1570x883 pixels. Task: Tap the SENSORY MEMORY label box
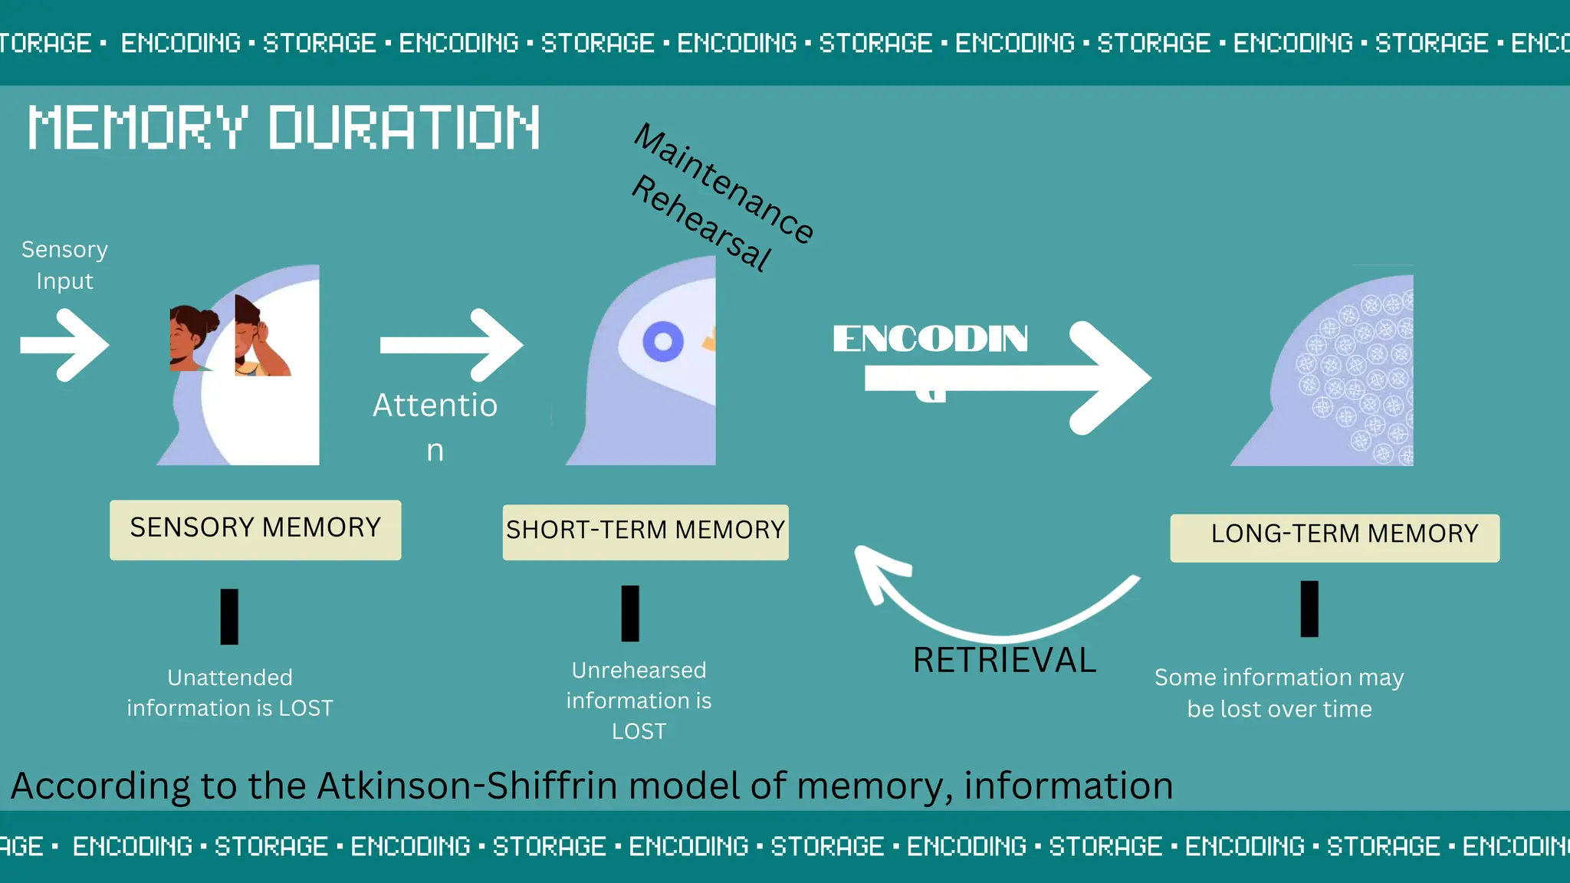(255, 530)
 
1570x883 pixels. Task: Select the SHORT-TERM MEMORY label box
(645, 531)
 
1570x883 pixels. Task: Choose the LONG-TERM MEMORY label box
(1334, 537)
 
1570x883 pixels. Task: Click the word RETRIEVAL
(1004, 660)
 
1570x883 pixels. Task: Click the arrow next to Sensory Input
(65, 345)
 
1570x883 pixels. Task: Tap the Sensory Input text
(64, 265)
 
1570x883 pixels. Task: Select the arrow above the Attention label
(452, 345)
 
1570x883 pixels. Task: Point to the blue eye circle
(663, 342)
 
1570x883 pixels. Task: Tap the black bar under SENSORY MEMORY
(229, 616)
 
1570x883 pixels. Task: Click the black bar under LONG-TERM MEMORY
(1309, 609)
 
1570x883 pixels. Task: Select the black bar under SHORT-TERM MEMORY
(630, 613)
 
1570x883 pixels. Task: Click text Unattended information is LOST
(230, 693)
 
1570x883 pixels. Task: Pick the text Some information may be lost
(1279, 693)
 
